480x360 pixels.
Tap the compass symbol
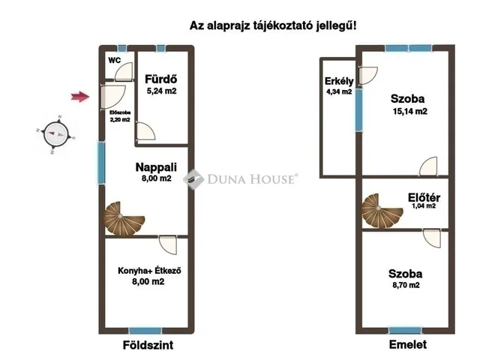click(54, 135)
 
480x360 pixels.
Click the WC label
click(115, 60)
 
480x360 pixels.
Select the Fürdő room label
click(160, 78)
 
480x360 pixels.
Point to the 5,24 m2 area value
click(162, 91)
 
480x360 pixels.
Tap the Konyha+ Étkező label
click(151, 271)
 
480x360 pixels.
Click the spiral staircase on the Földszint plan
click(122, 218)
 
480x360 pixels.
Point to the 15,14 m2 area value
click(409, 112)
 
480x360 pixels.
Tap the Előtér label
click(424, 198)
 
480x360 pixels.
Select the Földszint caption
click(147, 346)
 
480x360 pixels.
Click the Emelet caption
click(407, 345)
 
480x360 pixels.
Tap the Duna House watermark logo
click(241, 179)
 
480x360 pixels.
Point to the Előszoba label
click(120, 112)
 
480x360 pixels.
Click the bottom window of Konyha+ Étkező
click(145, 331)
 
